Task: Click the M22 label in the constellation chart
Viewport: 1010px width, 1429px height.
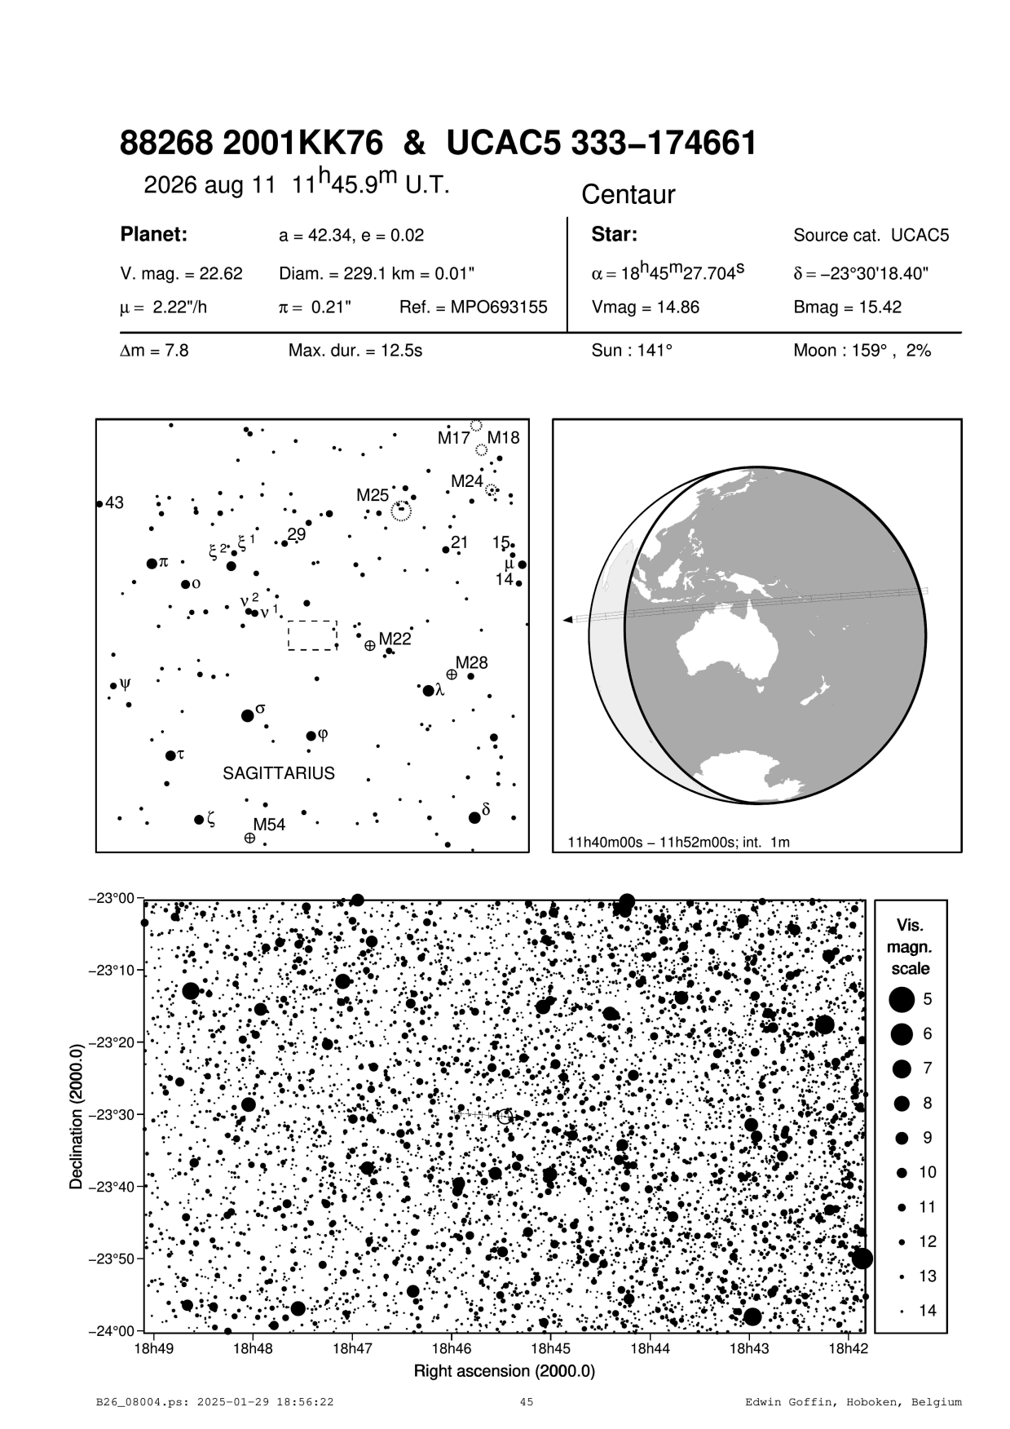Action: coord(395,639)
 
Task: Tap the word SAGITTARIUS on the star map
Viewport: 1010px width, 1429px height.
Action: coord(279,773)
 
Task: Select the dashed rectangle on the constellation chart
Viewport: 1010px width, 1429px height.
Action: coord(312,635)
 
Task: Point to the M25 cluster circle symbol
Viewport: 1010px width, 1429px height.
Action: coord(401,511)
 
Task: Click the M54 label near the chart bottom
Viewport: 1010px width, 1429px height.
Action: coord(269,825)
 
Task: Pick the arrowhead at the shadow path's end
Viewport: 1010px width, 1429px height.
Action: coord(567,621)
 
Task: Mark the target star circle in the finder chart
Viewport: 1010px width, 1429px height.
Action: coord(505,1117)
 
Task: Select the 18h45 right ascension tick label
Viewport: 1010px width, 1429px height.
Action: coord(551,1348)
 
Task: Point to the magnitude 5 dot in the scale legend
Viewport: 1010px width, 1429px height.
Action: coord(901,998)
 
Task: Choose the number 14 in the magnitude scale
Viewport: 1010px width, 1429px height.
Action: coord(928,1311)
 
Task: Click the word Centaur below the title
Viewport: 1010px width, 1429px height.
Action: coord(628,195)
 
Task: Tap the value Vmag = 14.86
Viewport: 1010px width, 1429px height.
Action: coord(645,308)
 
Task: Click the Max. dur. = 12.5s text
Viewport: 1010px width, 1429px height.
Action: coord(355,352)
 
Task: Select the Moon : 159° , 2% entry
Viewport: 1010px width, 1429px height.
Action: coord(862,352)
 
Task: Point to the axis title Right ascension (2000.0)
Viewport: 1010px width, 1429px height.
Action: coord(505,1371)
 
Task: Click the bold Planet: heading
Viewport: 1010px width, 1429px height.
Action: coord(154,235)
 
